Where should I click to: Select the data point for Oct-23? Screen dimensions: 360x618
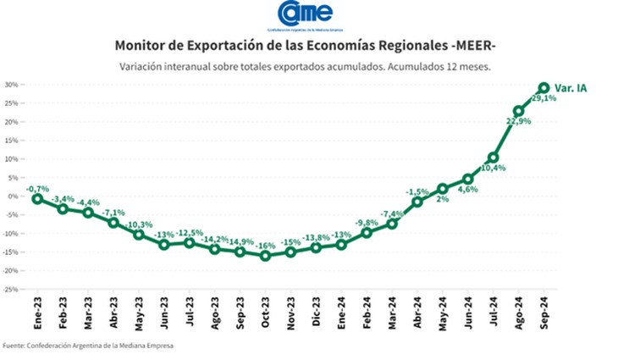click(x=266, y=255)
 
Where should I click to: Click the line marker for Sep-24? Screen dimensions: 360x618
click(x=544, y=87)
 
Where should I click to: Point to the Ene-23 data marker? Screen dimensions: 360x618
click(x=37, y=198)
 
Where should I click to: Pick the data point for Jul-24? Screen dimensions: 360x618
click(x=494, y=158)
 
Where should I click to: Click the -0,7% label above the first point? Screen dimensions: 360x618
click(x=36, y=188)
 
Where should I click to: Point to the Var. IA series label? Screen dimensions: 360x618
click(x=572, y=88)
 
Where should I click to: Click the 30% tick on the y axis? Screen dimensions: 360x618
click(x=11, y=85)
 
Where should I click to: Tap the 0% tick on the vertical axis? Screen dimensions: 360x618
click(x=14, y=197)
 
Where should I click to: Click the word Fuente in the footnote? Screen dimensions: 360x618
click(x=14, y=346)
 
